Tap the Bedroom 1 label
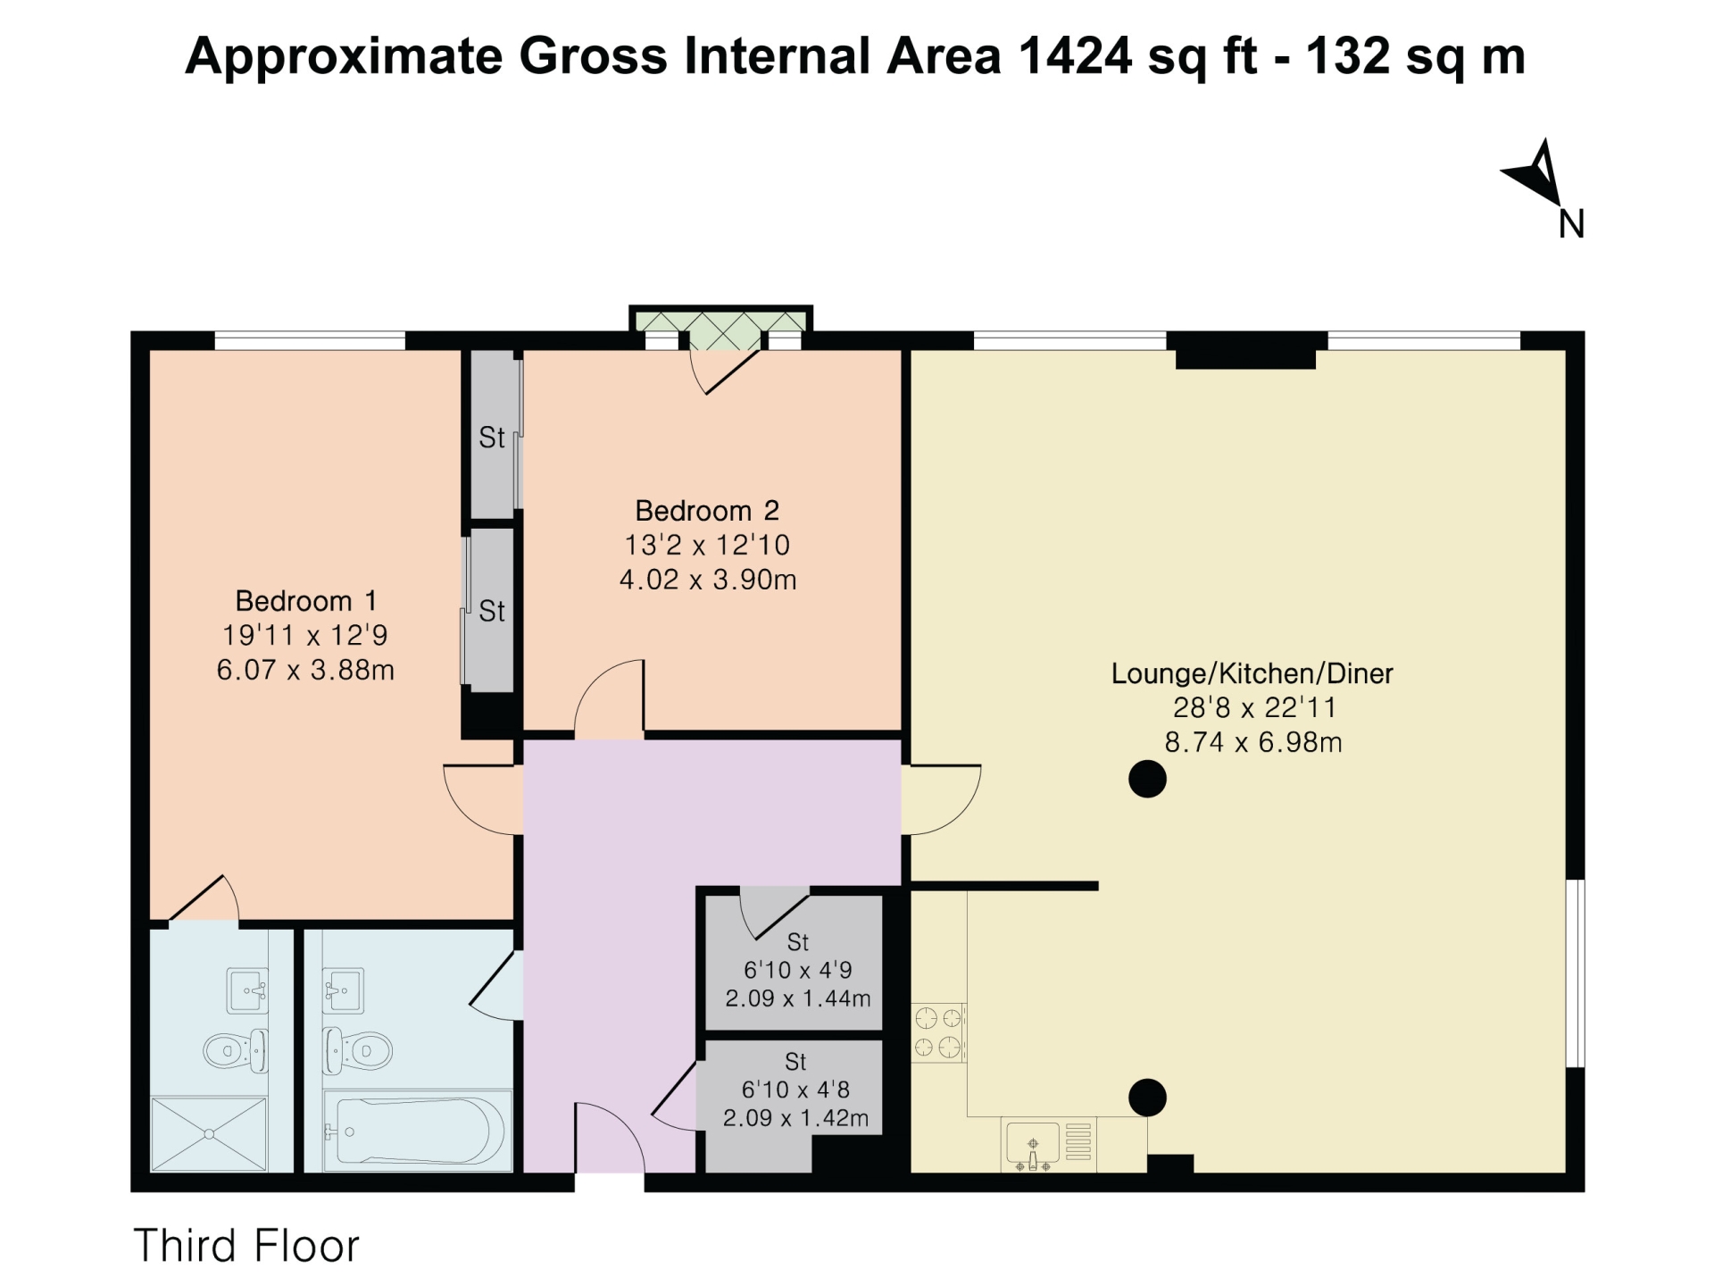pyautogui.click(x=305, y=600)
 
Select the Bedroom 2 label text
pyautogui.click(x=707, y=511)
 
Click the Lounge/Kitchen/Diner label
pyautogui.click(x=1252, y=673)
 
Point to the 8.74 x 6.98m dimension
pyautogui.click(x=1252, y=742)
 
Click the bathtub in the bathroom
pyautogui.click(x=416, y=1131)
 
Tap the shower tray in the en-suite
pyautogui.click(x=209, y=1133)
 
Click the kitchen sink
pyautogui.click(x=1033, y=1144)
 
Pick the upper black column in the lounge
pyautogui.click(x=1147, y=779)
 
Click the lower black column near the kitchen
pyautogui.click(x=1147, y=1098)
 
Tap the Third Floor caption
pyautogui.click(x=246, y=1246)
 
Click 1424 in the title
pyautogui.click(x=1074, y=56)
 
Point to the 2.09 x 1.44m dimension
pyautogui.click(x=797, y=998)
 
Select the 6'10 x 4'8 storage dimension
pyautogui.click(x=795, y=1090)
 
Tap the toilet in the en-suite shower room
pyautogui.click(x=235, y=1050)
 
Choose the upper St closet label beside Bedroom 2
pyautogui.click(x=492, y=438)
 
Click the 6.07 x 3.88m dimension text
pyautogui.click(x=305, y=670)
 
